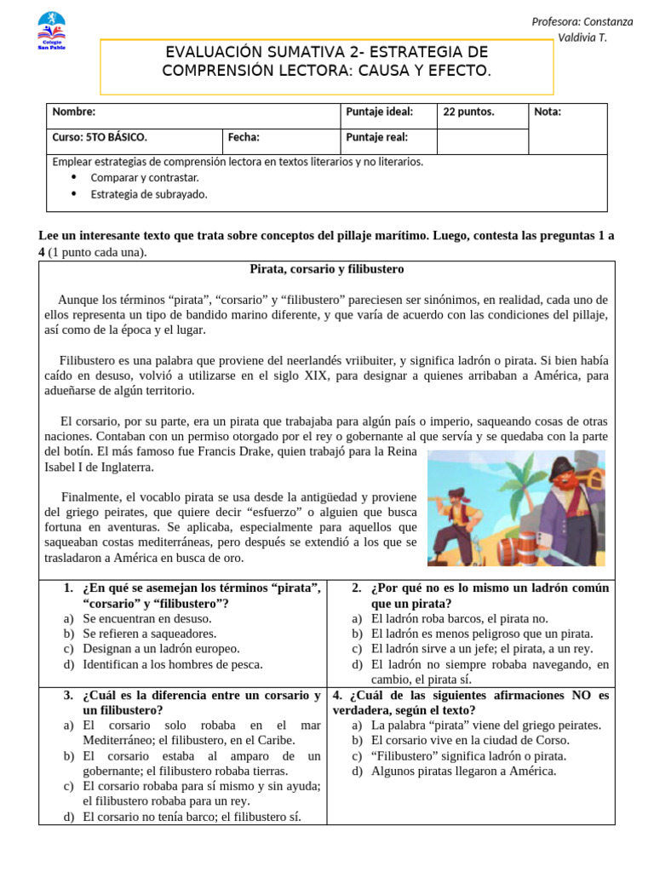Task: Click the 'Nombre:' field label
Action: (74, 112)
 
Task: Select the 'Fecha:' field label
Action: (244, 137)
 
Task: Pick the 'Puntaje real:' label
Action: (376, 137)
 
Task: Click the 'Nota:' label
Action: (548, 112)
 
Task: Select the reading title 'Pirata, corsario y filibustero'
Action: (326, 269)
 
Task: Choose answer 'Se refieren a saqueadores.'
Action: (149, 634)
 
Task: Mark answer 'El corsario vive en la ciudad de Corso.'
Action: (471, 741)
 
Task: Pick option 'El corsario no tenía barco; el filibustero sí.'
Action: (192, 817)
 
